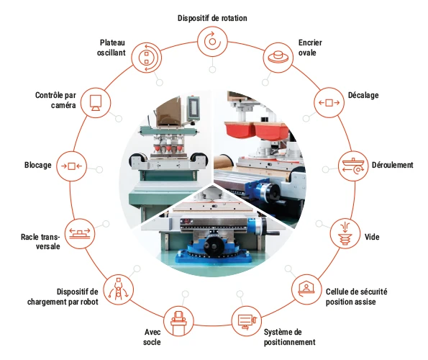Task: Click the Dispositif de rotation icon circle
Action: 212,42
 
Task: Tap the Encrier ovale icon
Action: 278,58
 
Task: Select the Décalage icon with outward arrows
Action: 329,103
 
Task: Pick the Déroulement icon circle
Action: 353,166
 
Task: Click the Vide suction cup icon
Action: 345,233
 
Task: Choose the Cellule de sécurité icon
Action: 306,289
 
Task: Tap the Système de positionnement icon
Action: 247,321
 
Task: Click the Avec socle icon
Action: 178,321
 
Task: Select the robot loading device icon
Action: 119,289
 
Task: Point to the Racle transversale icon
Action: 80,233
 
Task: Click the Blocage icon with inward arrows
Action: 71,166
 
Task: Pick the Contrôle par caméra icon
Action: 96,103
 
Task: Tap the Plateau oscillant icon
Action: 147,58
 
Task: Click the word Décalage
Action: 363,95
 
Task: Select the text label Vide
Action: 372,237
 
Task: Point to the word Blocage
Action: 38,165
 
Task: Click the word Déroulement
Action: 393,165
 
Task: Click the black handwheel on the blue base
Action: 214,246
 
